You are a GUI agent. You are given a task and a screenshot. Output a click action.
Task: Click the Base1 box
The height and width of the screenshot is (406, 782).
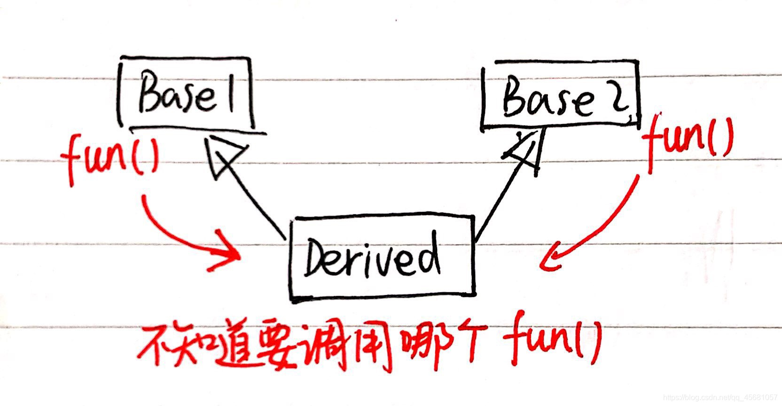coord(186,93)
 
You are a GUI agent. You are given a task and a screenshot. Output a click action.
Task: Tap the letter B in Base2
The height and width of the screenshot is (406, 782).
coord(516,97)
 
